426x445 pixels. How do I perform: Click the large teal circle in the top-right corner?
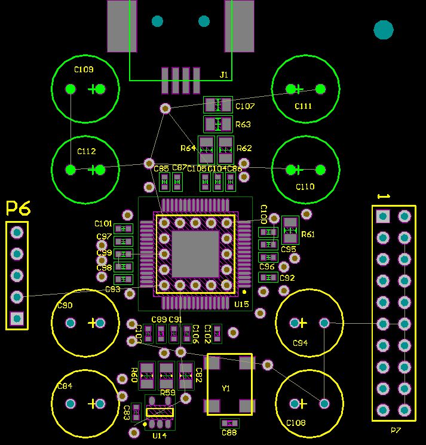(383, 29)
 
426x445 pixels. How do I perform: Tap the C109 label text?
(84, 70)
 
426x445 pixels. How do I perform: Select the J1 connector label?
(224, 75)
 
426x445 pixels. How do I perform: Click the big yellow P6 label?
(18, 208)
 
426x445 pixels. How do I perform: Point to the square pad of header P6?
(17, 318)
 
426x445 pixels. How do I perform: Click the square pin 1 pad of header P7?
(383, 216)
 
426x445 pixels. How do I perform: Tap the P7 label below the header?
(396, 431)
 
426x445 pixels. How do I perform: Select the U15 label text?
(241, 305)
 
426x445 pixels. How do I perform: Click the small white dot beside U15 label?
(245, 291)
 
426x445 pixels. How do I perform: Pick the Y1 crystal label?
(226, 388)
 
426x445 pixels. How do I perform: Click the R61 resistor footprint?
(290, 225)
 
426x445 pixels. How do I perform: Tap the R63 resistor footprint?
(218, 124)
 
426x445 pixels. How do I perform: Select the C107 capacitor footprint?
(218, 106)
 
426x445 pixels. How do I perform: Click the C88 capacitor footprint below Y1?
(229, 423)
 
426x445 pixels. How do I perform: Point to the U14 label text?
(160, 436)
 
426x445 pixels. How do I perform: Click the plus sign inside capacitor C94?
(302, 323)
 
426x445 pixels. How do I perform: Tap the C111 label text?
(304, 106)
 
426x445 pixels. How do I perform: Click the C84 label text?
(65, 386)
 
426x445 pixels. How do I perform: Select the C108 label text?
(296, 423)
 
